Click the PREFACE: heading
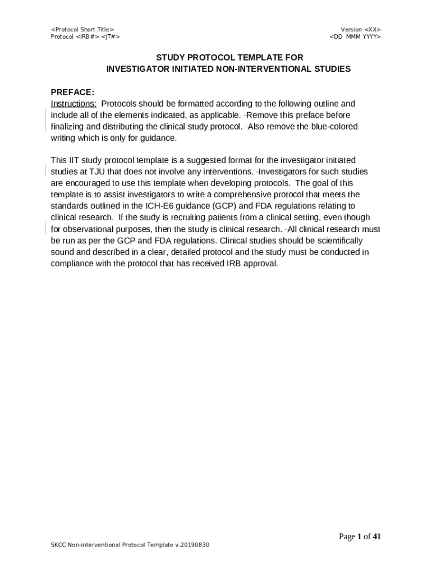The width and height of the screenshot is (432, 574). [x=72, y=92]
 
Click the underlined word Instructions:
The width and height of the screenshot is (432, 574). [x=73, y=104]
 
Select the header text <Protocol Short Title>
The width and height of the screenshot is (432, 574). [x=82, y=29]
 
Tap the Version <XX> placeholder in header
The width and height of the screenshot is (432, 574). [x=361, y=29]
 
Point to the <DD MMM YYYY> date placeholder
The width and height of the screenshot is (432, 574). [x=355, y=36]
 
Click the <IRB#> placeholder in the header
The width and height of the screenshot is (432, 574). [x=88, y=36]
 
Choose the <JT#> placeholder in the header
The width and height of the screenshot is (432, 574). [x=111, y=36]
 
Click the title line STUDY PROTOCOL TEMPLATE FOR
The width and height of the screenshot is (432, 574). [x=229, y=57]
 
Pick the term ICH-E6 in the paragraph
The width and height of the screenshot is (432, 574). [x=158, y=206]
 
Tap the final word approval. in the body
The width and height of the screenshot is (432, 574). [x=261, y=263]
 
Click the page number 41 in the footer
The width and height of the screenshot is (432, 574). [x=376, y=536]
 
